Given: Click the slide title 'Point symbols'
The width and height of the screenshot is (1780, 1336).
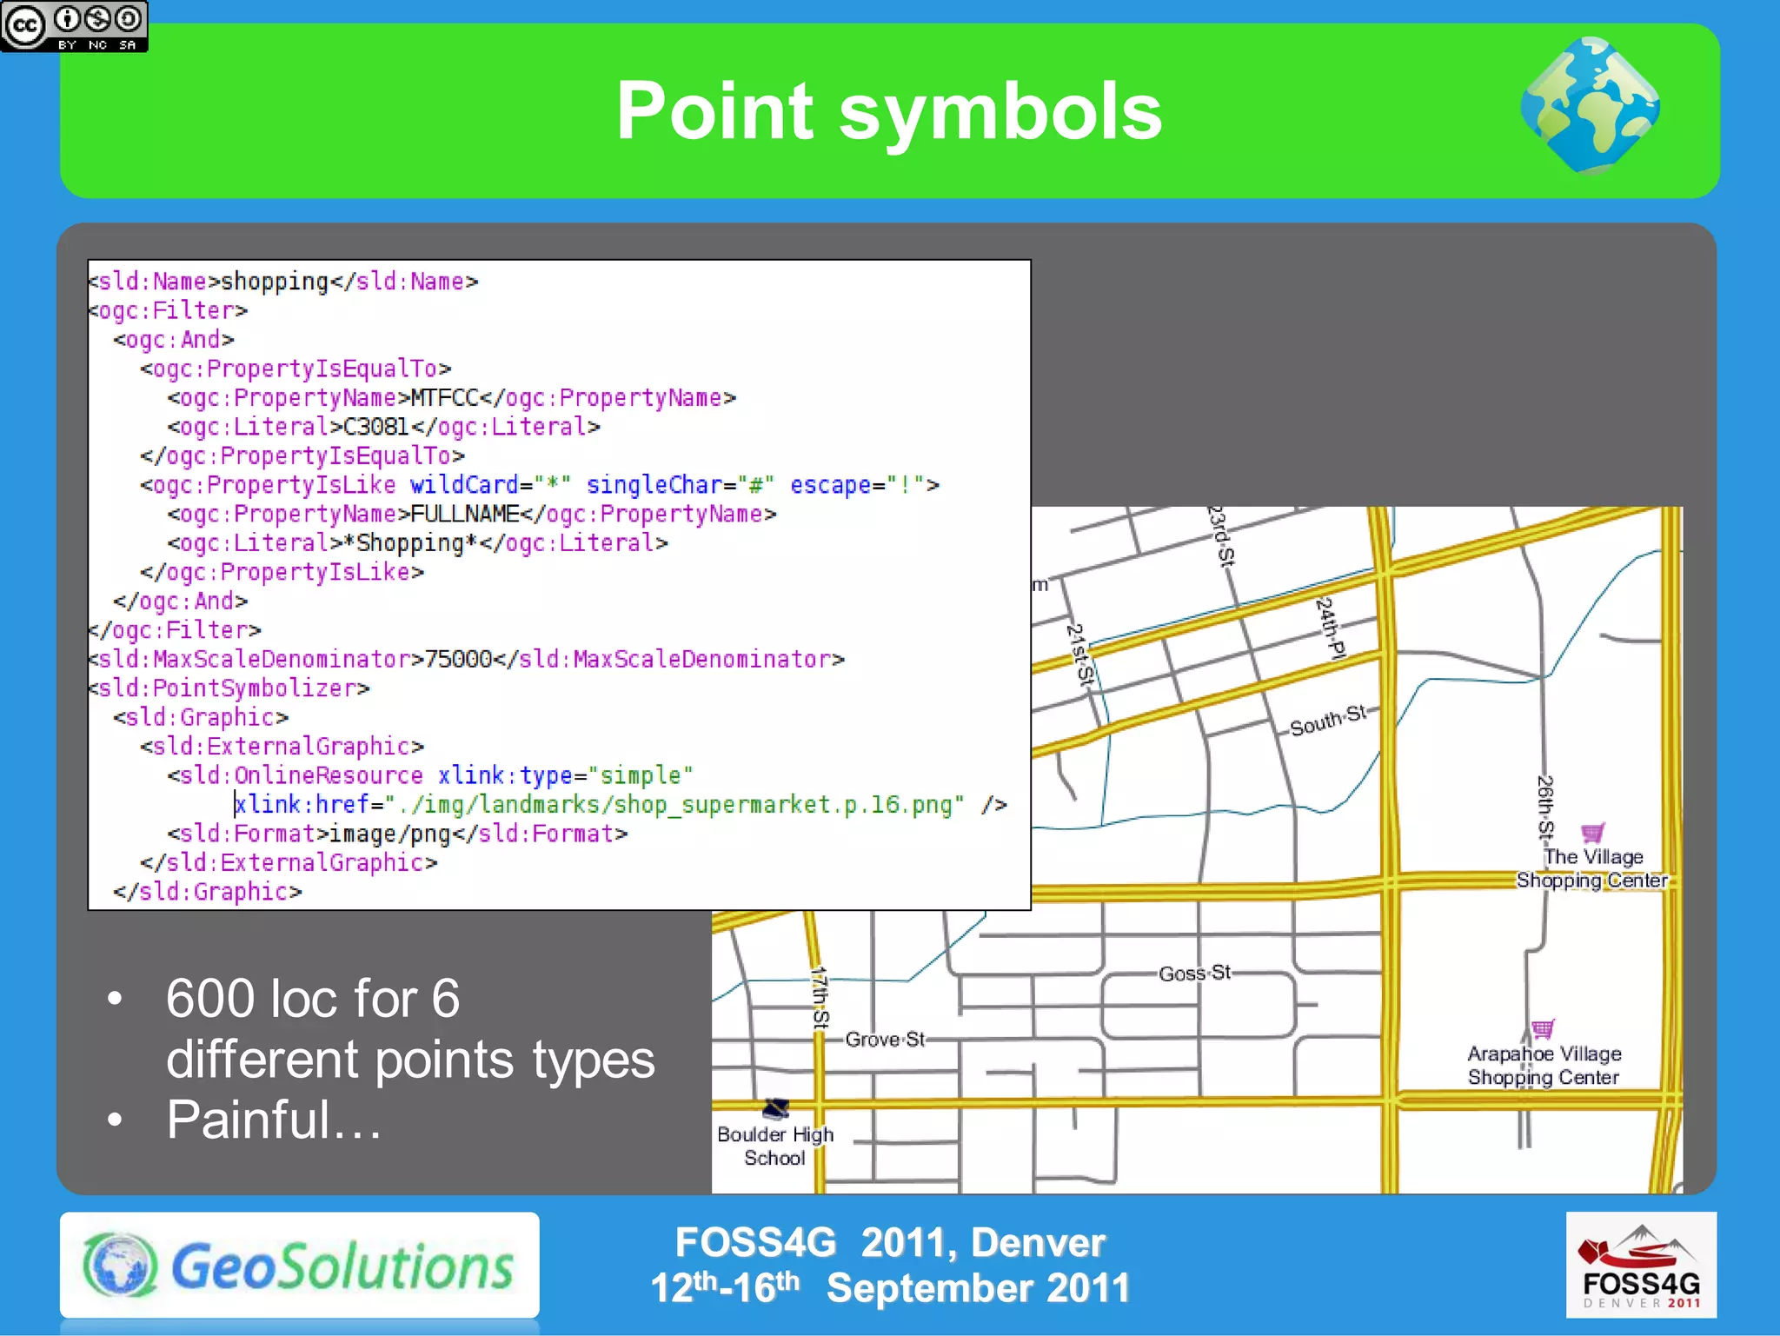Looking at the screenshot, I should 888,111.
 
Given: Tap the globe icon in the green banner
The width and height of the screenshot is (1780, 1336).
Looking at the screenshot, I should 1590,105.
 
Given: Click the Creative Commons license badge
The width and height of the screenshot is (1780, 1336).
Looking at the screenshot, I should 74,26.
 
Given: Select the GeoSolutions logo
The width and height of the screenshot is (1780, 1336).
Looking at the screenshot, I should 299,1265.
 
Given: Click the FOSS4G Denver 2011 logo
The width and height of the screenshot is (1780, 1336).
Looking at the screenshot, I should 1640,1265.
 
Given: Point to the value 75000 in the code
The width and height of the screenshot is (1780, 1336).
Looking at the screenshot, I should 458,659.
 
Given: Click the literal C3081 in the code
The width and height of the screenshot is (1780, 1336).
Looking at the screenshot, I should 375,427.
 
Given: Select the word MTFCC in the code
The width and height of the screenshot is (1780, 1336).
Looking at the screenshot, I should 444,398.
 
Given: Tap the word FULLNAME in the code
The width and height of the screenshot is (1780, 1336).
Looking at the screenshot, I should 464,515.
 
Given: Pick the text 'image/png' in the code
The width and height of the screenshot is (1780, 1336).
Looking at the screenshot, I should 389,834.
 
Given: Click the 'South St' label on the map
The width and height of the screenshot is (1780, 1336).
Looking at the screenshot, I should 1327,721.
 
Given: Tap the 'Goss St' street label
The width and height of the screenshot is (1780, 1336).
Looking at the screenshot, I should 1195,973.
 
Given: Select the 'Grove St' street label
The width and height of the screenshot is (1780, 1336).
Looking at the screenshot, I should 885,1039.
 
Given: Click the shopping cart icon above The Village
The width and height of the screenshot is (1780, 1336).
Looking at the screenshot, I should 1592,833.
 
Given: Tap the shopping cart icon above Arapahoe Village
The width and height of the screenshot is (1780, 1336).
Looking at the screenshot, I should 1543,1029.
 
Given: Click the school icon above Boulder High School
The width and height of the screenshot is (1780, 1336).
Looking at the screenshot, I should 775,1107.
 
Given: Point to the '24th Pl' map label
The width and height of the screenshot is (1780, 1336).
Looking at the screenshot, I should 1331,628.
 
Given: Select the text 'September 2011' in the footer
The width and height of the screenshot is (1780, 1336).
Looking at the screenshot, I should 978,1288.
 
